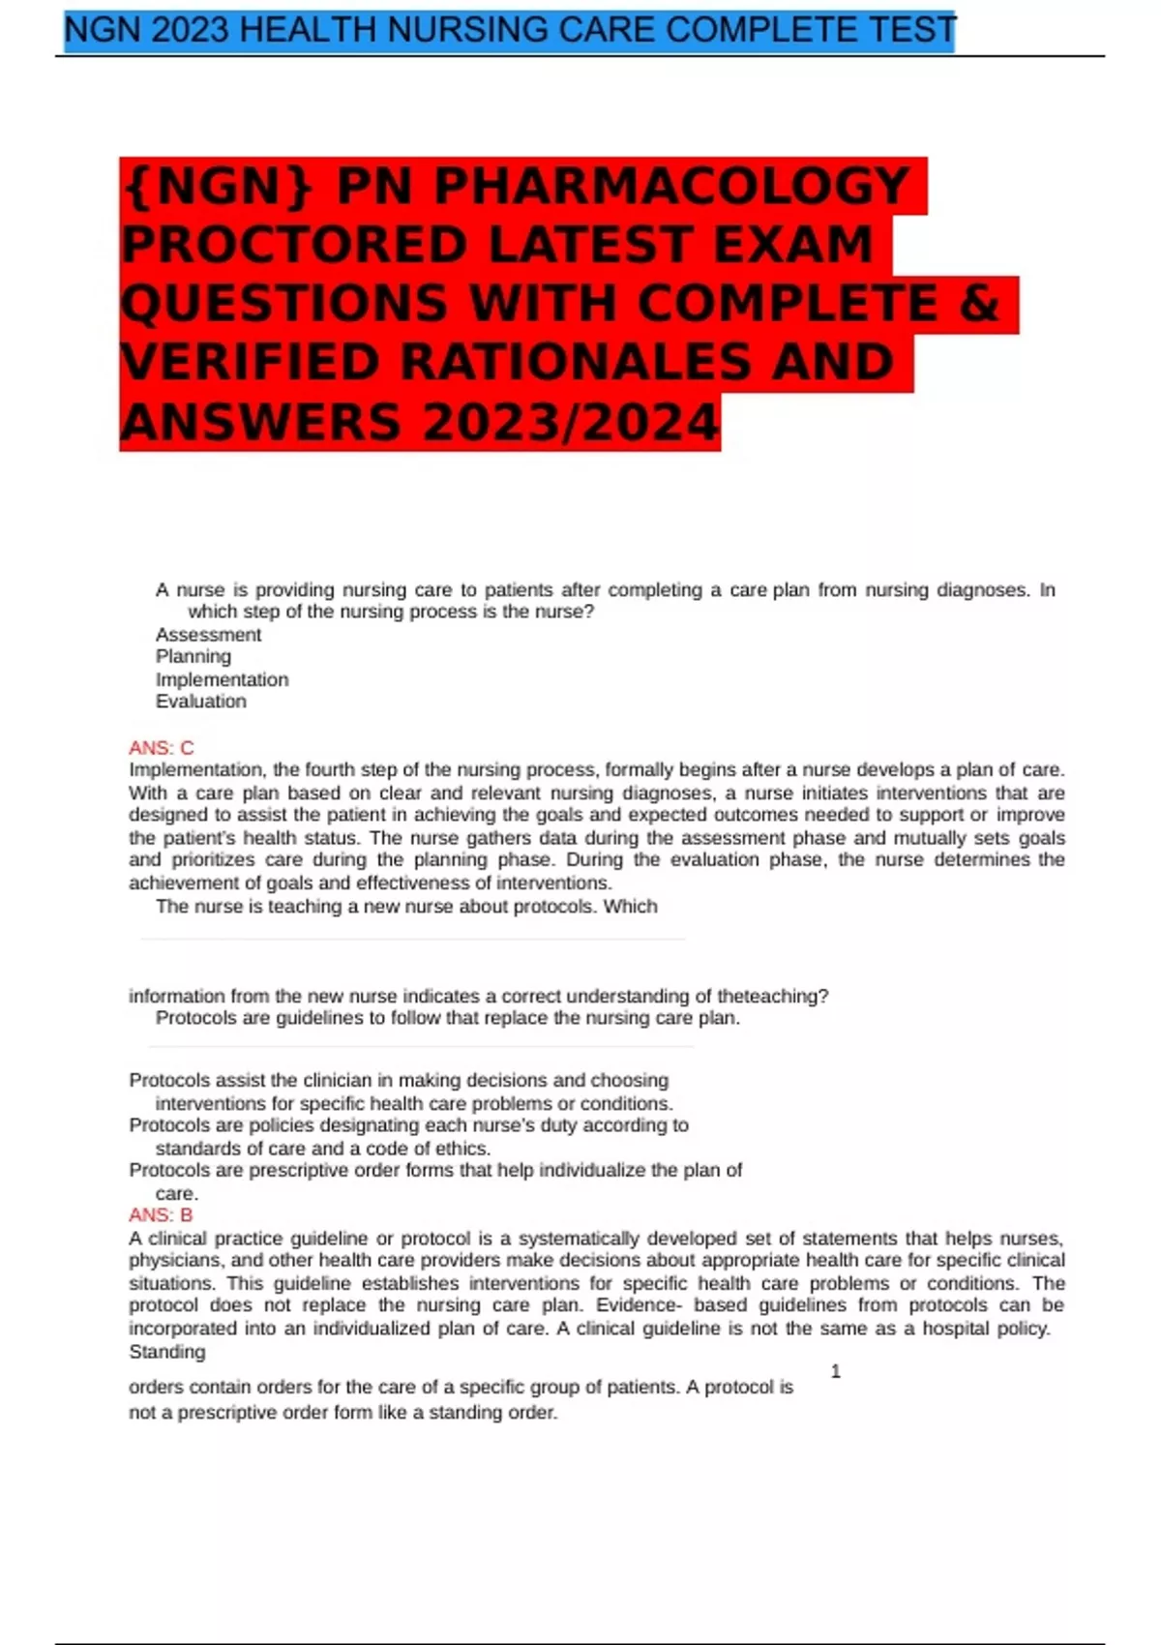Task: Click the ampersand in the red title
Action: [979, 303]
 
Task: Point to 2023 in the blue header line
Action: [191, 31]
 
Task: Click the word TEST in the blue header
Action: [911, 31]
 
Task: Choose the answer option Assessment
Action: [208, 635]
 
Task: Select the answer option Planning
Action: [193, 656]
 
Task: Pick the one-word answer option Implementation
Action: [222, 679]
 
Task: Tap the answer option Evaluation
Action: [200, 702]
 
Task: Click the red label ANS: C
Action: [162, 748]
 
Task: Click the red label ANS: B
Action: [161, 1215]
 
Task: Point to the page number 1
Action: [836, 1371]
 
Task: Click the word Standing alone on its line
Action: [166, 1352]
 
